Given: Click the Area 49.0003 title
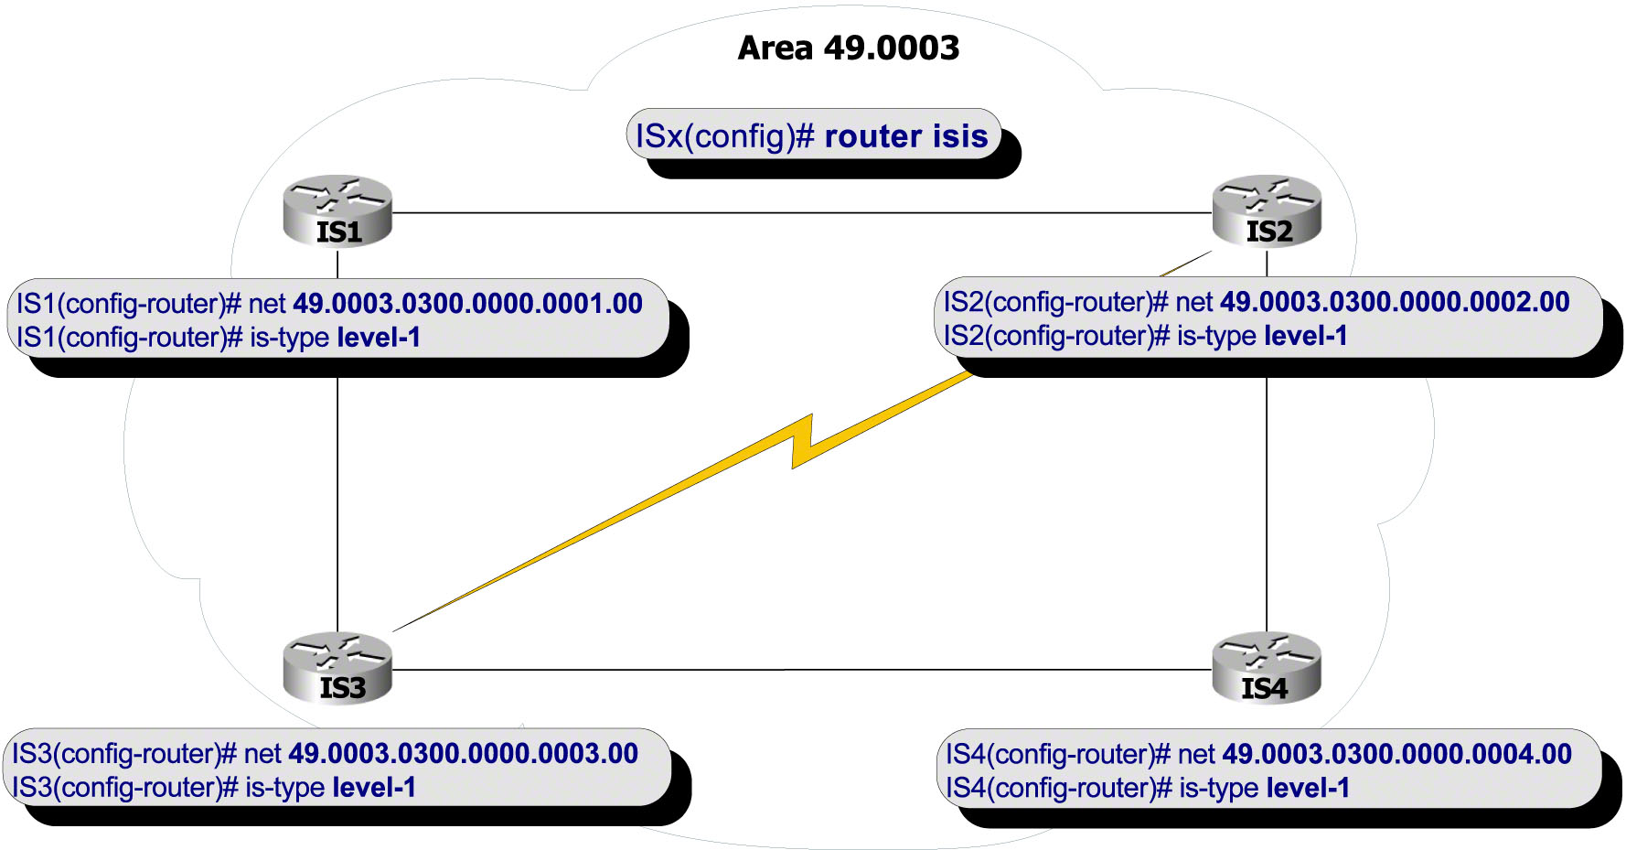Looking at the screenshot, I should [x=848, y=48].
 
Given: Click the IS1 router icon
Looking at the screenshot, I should [x=337, y=211].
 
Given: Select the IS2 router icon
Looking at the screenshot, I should [x=1267, y=211].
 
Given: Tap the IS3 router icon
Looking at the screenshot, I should [x=337, y=669].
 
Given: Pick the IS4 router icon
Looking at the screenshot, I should [x=1267, y=669].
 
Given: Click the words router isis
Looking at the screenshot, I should [x=905, y=136].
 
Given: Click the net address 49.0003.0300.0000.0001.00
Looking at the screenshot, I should [x=467, y=304].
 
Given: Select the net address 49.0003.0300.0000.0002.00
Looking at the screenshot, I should [x=1395, y=302].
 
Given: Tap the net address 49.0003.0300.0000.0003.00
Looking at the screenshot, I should [x=463, y=754].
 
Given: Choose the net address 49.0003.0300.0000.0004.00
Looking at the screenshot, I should [x=1396, y=754].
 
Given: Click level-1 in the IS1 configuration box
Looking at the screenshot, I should [x=379, y=338].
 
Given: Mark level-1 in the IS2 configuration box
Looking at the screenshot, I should [x=1306, y=336].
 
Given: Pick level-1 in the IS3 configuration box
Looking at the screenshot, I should [x=374, y=788].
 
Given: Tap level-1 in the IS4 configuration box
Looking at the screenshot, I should [x=1308, y=788].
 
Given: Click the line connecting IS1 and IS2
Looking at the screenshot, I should [x=801, y=213].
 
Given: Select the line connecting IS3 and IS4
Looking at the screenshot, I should [x=801, y=670].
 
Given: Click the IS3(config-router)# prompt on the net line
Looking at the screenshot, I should [x=124, y=754].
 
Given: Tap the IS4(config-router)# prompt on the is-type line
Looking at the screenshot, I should [x=1058, y=788].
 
